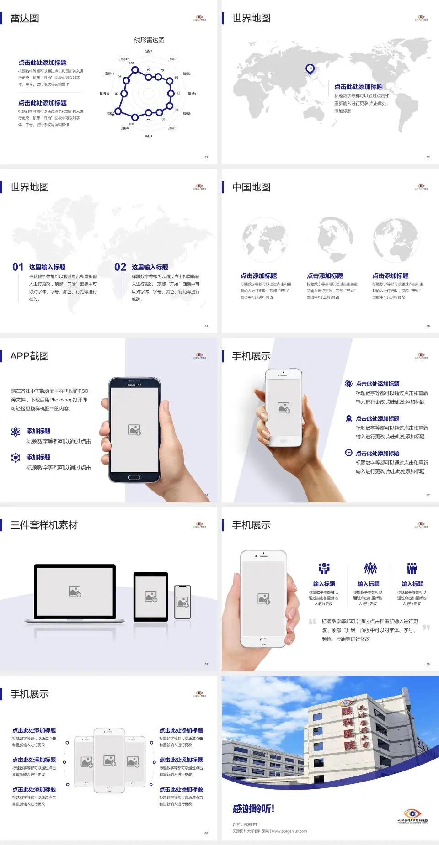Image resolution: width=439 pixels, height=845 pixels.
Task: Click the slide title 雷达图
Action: pyautogui.click(x=25, y=18)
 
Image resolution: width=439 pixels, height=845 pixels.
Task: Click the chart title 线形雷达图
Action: pyautogui.click(x=149, y=40)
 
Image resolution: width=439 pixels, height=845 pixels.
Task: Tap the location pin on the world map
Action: pyautogui.click(x=310, y=69)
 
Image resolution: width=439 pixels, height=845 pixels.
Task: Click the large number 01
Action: pyautogui.click(x=18, y=267)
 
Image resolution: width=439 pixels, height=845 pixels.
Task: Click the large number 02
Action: pyautogui.click(x=120, y=267)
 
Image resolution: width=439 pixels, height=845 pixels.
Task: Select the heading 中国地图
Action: pyautogui.click(x=251, y=187)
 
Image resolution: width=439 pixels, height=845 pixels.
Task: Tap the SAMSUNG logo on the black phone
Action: pyautogui.click(x=134, y=385)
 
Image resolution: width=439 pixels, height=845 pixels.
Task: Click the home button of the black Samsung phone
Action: pyautogui.click(x=134, y=477)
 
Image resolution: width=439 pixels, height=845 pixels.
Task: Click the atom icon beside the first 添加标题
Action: pyautogui.click(x=16, y=432)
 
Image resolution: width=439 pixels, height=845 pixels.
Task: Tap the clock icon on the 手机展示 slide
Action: pyautogui.click(x=348, y=453)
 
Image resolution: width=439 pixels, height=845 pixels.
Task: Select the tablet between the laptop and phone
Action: pyautogui.click(x=151, y=597)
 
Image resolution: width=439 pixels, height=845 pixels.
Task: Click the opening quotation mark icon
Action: pyautogui.click(x=312, y=622)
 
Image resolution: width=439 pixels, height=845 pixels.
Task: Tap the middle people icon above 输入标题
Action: pyautogui.click(x=370, y=569)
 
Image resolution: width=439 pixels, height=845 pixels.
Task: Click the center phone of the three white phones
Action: pyautogui.click(x=109, y=760)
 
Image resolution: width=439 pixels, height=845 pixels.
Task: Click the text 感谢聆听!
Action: pyautogui.click(x=253, y=809)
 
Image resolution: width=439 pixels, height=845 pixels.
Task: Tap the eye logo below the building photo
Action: pyautogui.click(x=412, y=813)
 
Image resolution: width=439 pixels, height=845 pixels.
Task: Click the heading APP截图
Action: pyautogui.click(x=30, y=356)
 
